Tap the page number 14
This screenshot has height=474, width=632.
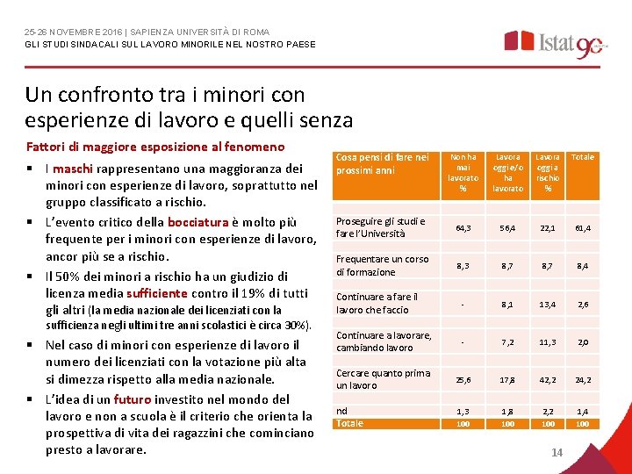[557, 452]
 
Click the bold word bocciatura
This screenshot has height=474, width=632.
[200, 221]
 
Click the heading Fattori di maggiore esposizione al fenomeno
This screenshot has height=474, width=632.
[154, 146]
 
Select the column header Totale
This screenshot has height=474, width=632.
[583, 157]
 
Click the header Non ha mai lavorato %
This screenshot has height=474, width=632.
[463, 172]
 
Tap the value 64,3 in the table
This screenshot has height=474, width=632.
[463, 228]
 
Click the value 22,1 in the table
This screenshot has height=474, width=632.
[549, 228]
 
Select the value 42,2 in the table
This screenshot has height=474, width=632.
[549, 380]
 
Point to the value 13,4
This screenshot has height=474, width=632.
[549, 304]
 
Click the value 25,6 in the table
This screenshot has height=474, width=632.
[463, 380]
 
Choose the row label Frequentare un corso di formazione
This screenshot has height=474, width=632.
[382, 265]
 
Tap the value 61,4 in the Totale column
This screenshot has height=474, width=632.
[583, 228]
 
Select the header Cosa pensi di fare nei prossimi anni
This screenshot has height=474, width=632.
[382, 163]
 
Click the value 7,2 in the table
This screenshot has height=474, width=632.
[507, 341]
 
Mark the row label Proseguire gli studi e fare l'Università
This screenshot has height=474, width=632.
[380, 227]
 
